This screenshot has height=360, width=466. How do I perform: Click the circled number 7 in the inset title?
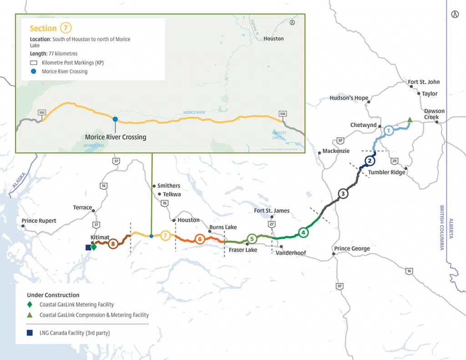point(66,28)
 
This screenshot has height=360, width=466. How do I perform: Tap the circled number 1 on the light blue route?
point(388,131)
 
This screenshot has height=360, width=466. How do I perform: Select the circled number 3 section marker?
point(343,194)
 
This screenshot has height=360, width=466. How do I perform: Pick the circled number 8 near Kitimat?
point(113,243)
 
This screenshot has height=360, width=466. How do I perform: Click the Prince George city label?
point(352,248)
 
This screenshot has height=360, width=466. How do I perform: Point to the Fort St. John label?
point(423,82)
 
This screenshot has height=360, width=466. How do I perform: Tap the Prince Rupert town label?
point(39,221)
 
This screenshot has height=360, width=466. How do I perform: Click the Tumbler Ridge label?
point(386,172)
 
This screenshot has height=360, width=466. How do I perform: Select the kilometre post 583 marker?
point(42,112)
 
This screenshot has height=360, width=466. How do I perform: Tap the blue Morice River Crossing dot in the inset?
point(115,119)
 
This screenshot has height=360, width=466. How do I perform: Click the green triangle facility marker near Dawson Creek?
point(410,120)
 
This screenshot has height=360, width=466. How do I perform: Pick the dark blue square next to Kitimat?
point(88,248)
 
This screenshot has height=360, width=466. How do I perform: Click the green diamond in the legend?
point(30,304)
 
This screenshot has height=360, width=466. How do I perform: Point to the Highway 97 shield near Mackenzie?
point(340,140)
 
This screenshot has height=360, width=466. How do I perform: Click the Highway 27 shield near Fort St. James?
point(272,224)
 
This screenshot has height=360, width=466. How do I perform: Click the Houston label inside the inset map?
point(274,39)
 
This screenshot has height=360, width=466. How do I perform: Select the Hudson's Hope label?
point(349,98)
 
